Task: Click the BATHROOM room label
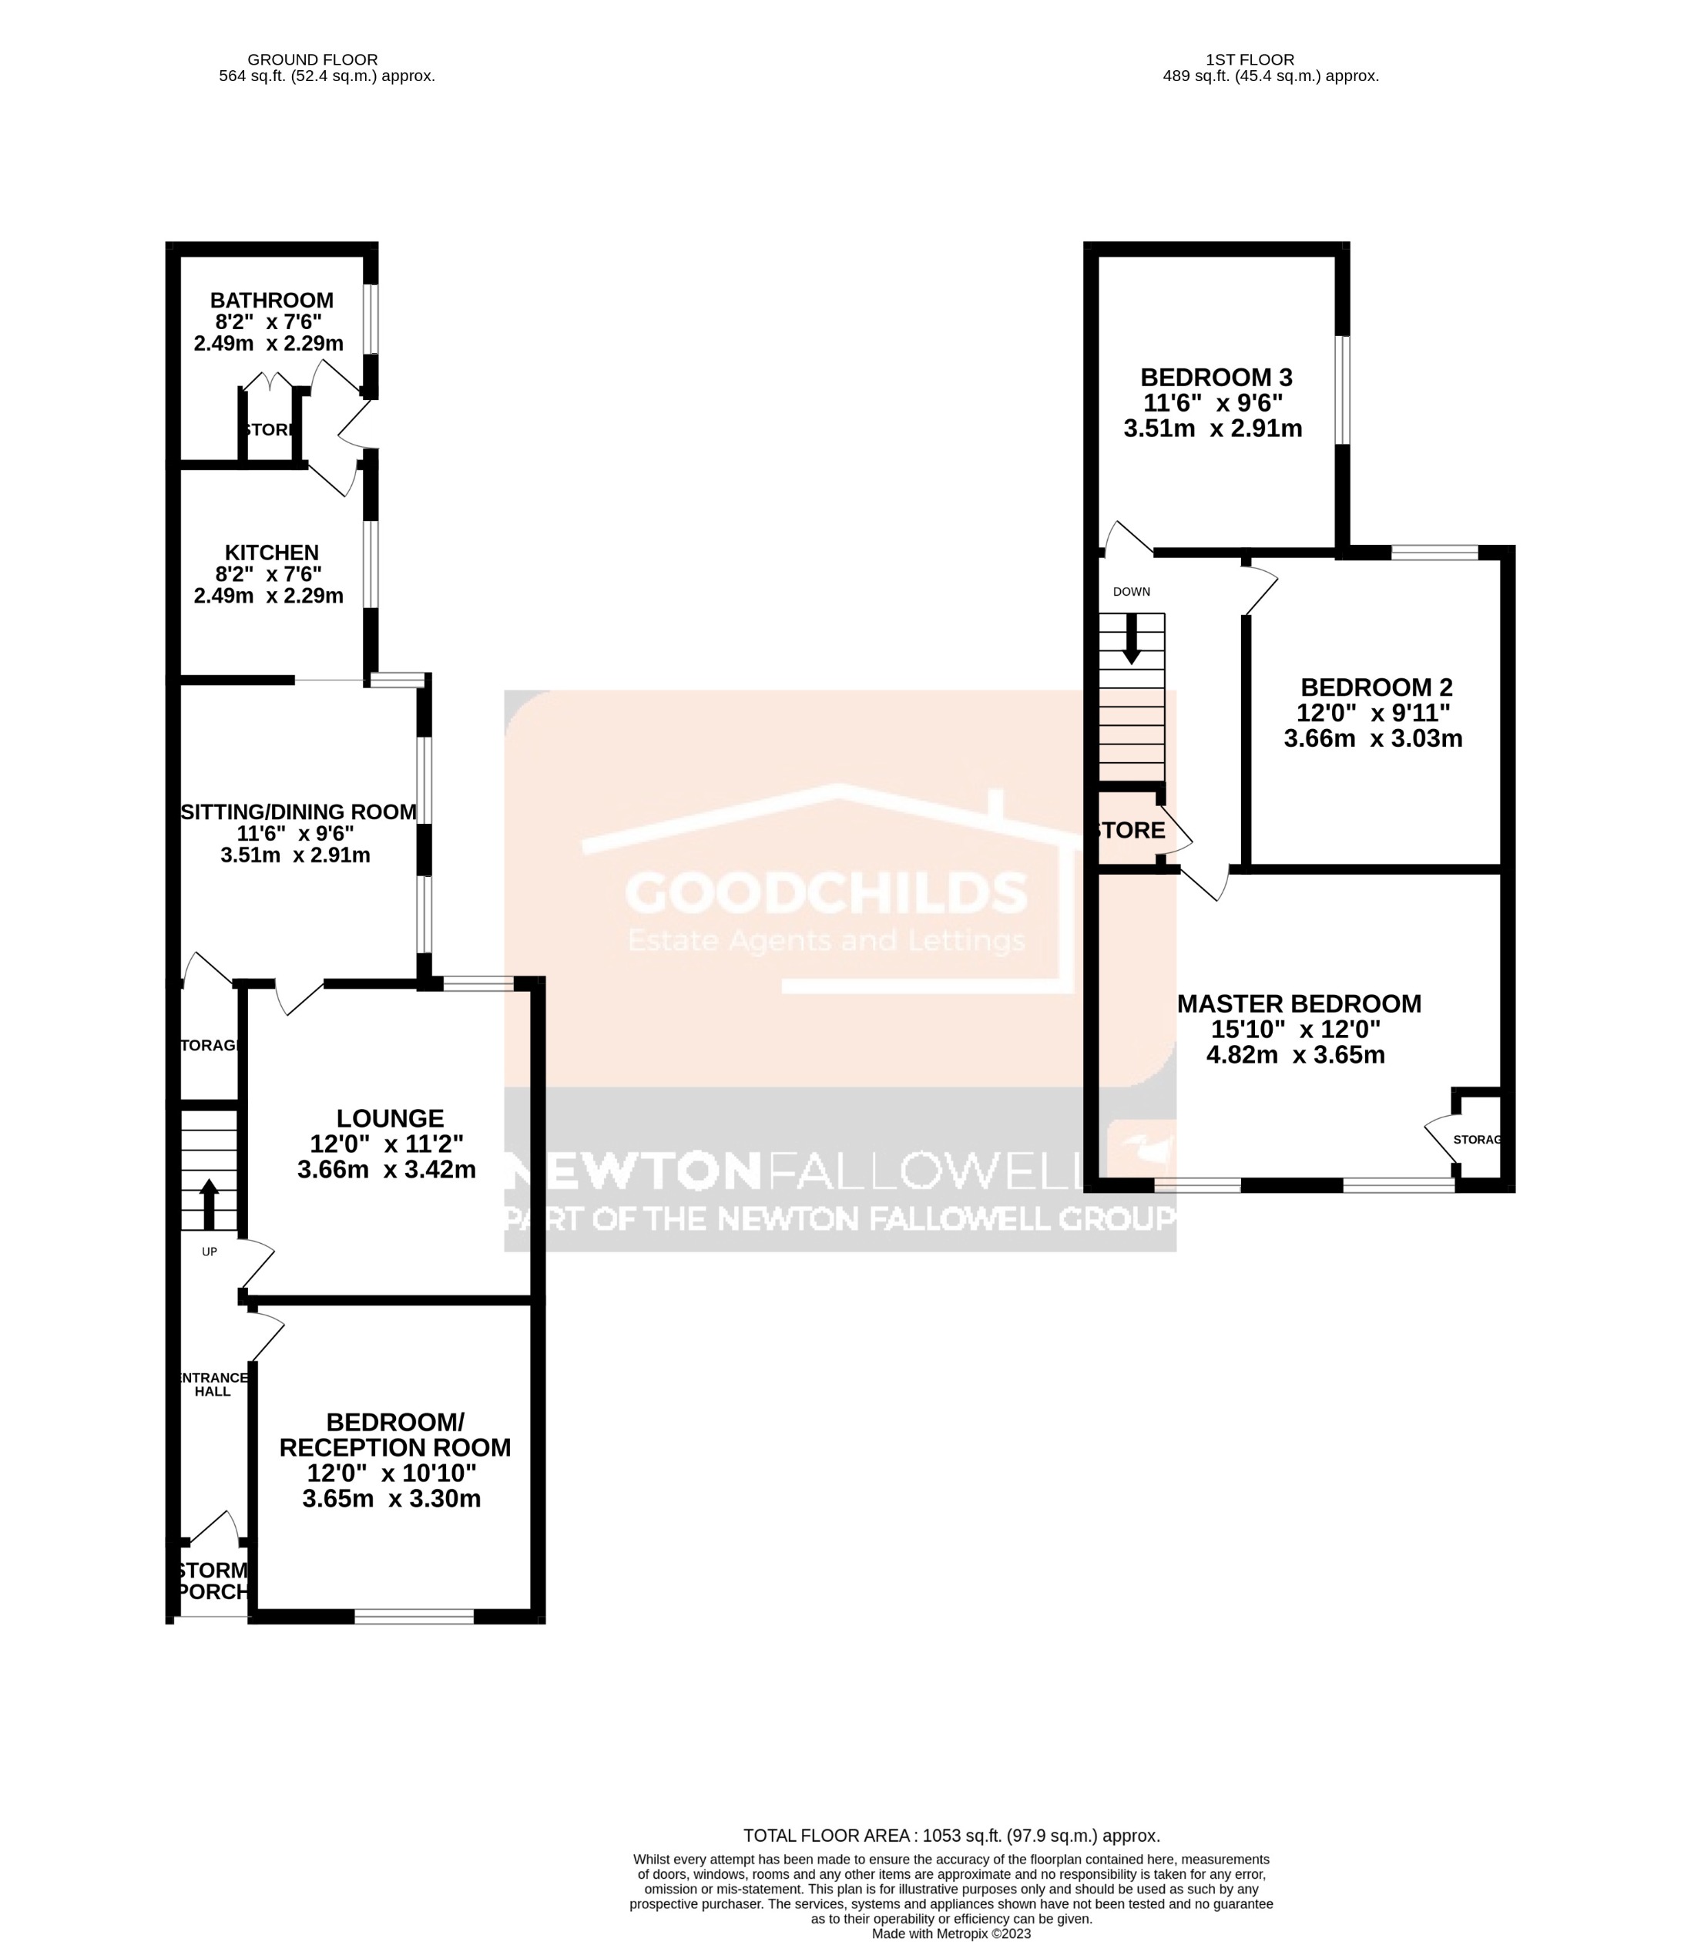click(x=271, y=301)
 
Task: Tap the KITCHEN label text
click(x=271, y=553)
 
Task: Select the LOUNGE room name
click(x=391, y=1118)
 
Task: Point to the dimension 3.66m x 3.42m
click(x=387, y=1170)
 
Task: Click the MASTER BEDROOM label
click(x=1299, y=1004)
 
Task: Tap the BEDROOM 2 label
click(x=1376, y=687)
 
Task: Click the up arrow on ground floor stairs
click(x=208, y=1204)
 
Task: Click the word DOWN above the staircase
click(x=1131, y=592)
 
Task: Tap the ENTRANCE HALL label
click(x=213, y=1385)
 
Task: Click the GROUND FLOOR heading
click(x=312, y=60)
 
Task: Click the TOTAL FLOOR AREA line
click(x=951, y=1836)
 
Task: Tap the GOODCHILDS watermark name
click(x=827, y=892)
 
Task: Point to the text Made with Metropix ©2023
click(x=951, y=1934)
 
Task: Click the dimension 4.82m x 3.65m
click(x=1296, y=1054)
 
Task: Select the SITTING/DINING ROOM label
click(x=298, y=812)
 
